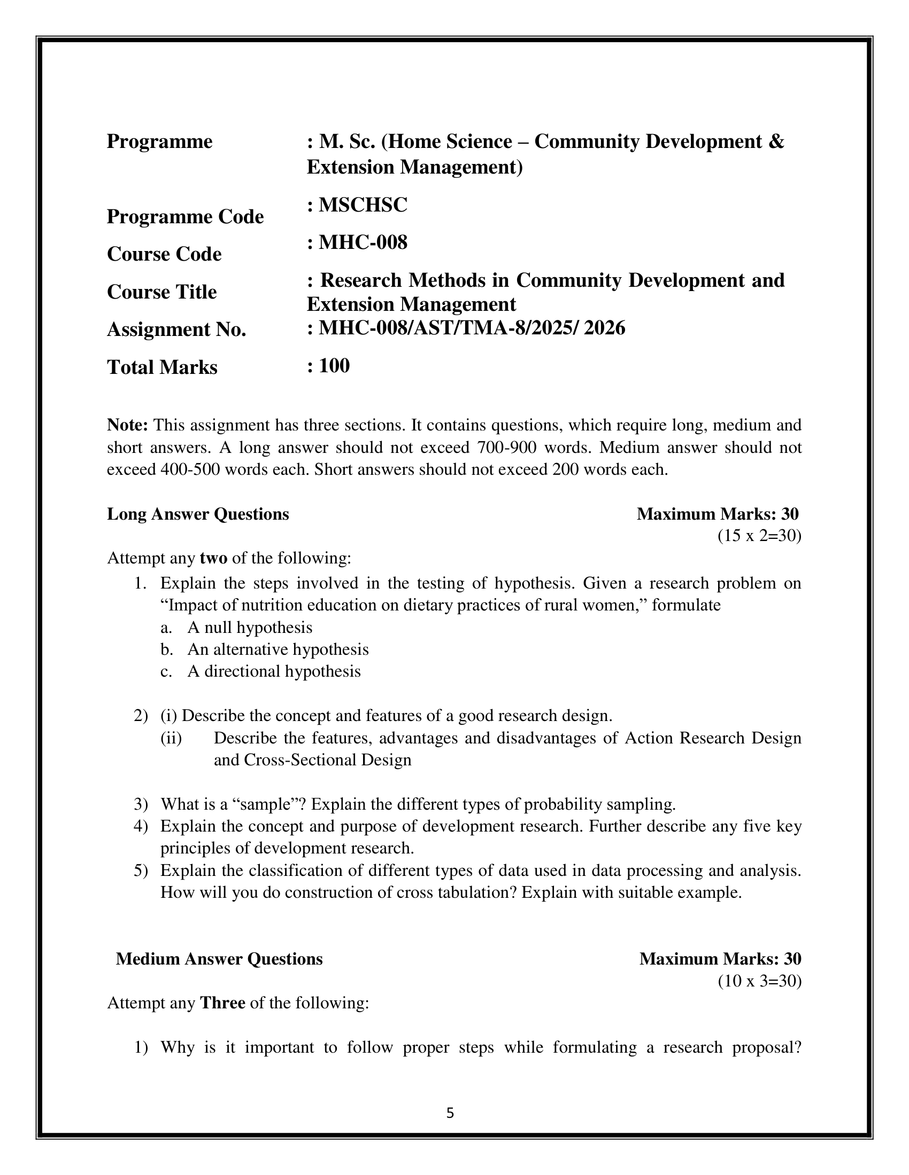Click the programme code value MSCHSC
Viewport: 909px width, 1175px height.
pyautogui.click(x=363, y=205)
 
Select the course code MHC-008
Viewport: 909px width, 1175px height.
pyautogui.click(x=363, y=242)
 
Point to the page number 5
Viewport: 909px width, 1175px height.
pyautogui.click(x=450, y=1113)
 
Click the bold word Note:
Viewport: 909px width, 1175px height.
pyautogui.click(x=128, y=425)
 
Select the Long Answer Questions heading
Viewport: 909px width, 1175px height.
pyautogui.click(x=198, y=514)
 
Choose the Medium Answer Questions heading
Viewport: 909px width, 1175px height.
pyautogui.click(x=219, y=959)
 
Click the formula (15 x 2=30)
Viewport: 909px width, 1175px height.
pyautogui.click(x=759, y=536)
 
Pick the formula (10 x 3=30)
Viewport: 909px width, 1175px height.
pyautogui.click(x=759, y=981)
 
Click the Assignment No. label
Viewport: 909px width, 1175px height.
pyautogui.click(x=176, y=329)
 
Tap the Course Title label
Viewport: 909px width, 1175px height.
pyautogui.click(x=161, y=292)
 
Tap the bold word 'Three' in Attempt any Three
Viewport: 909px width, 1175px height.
pyautogui.click(x=222, y=1004)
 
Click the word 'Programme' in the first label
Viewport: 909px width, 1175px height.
pyautogui.click(x=159, y=142)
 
